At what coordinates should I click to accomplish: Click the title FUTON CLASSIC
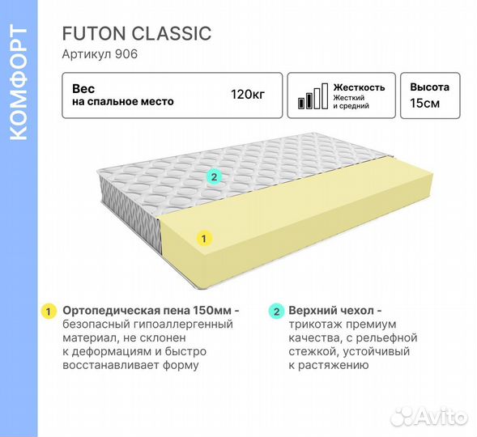tap(137, 33)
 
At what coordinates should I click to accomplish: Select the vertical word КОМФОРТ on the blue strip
tap(19, 83)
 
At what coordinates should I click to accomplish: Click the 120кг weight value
tap(248, 95)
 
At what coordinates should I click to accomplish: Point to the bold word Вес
tap(83, 89)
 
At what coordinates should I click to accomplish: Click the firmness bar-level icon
tap(313, 96)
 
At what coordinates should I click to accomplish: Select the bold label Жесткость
tap(359, 87)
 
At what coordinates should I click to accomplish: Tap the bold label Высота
tap(429, 87)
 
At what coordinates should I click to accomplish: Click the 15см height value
tap(424, 104)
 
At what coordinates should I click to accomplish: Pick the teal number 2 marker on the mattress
tap(214, 177)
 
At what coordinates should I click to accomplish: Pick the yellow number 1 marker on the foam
tap(204, 238)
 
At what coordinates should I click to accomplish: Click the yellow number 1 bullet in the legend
tap(49, 312)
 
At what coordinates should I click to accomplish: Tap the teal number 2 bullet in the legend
tap(276, 312)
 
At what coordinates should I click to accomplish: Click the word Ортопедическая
tap(110, 311)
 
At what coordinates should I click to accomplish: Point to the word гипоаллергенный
tap(183, 325)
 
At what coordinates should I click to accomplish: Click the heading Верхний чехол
tap(331, 311)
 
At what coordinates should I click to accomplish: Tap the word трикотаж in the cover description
tap(314, 325)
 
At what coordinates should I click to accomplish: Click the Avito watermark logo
tap(428, 416)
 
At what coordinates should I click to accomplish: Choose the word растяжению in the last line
tap(334, 365)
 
